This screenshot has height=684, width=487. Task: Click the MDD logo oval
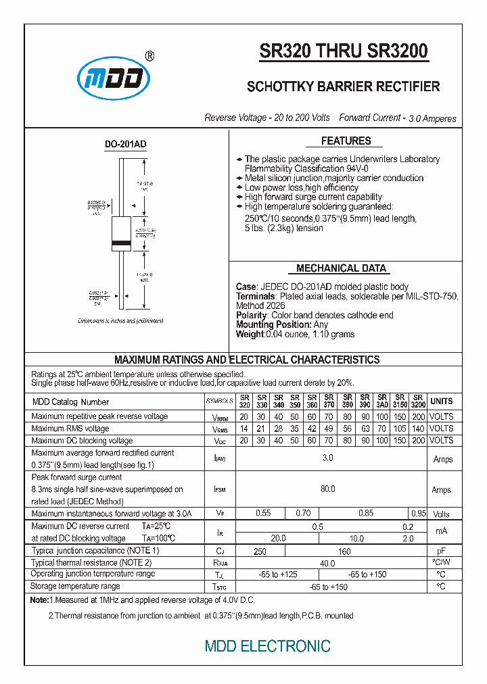point(112,78)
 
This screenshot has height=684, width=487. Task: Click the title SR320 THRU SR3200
point(344,52)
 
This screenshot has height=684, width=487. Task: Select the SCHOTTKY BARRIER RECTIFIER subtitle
point(343,87)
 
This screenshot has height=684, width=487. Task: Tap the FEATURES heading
point(346,141)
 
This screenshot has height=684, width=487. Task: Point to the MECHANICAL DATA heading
point(342,268)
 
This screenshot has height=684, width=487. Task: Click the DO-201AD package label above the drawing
point(125,145)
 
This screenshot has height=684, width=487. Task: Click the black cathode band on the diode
point(122,243)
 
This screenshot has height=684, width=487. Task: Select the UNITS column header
point(442,401)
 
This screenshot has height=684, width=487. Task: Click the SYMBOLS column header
point(219,401)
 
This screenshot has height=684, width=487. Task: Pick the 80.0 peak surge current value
point(327,489)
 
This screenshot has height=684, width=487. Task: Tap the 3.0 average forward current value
point(327,459)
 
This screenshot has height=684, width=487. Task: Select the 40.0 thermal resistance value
point(327,562)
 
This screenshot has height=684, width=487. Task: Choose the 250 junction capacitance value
point(260,551)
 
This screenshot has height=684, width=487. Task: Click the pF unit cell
point(442,551)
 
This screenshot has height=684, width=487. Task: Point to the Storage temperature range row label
point(76,586)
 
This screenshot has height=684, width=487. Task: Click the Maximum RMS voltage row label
point(70,429)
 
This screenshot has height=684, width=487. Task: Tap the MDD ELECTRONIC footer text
point(268,646)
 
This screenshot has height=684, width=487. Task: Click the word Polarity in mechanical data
point(251,315)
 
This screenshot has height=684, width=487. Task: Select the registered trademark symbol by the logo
point(149,56)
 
